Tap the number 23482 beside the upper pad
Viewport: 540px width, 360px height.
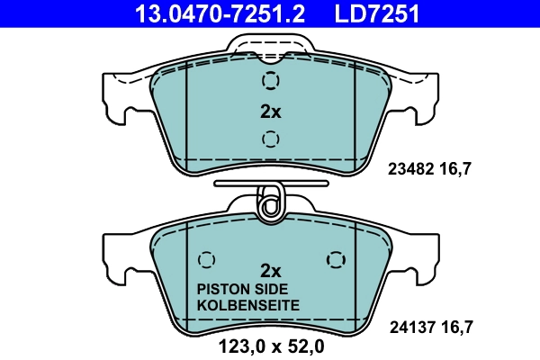[409, 167]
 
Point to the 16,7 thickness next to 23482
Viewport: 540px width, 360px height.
[455, 167]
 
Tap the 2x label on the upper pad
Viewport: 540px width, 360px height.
[270, 112]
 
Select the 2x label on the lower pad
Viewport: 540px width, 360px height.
[270, 270]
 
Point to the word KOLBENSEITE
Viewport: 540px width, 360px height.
[247, 305]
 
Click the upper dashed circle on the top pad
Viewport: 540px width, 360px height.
[270, 82]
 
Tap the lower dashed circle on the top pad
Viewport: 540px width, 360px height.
[270, 139]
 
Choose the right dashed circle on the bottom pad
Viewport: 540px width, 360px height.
[335, 258]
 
